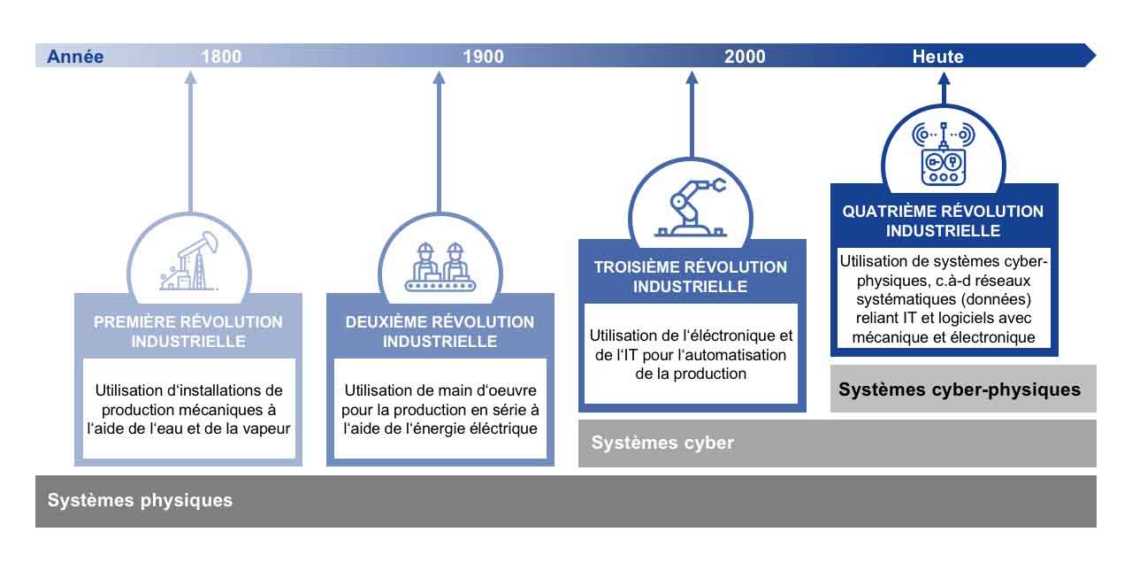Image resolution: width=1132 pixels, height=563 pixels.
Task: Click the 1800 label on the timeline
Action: click(221, 56)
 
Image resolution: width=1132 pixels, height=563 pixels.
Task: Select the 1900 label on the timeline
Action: click(483, 56)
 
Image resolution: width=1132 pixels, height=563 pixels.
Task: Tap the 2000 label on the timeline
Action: click(745, 56)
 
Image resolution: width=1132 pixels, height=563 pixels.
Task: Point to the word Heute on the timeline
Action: click(937, 56)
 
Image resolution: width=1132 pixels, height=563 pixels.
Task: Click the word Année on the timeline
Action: click(75, 56)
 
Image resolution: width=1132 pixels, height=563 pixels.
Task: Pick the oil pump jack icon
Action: click(189, 261)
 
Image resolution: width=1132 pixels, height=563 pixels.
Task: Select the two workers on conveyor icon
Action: click(440, 266)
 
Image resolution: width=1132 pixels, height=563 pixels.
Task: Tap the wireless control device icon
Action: click(943, 153)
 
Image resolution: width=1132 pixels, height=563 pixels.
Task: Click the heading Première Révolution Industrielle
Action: click(188, 331)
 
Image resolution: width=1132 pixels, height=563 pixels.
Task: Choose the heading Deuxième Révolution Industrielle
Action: click(440, 331)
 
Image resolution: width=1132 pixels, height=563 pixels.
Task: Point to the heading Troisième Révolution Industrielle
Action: click(691, 277)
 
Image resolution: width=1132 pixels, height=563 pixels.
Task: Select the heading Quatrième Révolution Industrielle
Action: click(943, 220)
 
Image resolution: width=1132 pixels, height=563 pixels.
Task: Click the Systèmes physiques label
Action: click(140, 500)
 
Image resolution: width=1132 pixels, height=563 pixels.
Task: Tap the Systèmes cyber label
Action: click(662, 443)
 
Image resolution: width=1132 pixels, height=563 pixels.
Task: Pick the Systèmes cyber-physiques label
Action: click(960, 389)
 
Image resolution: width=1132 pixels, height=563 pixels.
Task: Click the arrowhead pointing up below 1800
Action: click(190, 77)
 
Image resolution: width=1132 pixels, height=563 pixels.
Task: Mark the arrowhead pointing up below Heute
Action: click(944, 79)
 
